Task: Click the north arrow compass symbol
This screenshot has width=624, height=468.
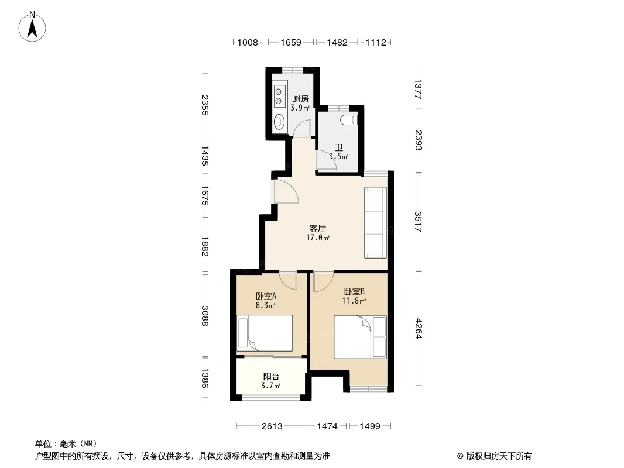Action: point(32,27)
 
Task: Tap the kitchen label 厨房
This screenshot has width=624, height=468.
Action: point(300,99)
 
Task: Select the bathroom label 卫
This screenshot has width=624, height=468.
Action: point(339,147)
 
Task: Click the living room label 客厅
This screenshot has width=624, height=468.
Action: point(318,229)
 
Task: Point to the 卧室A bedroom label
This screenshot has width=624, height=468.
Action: point(266,296)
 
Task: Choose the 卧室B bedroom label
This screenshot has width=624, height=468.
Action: point(354,291)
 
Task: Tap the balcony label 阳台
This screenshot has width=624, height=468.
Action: point(271,377)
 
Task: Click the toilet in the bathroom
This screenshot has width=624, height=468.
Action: point(349,119)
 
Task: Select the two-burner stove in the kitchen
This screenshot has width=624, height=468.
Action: point(279,97)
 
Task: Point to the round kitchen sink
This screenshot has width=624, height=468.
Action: point(279,121)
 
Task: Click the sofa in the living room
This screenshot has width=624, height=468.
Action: point(375,223)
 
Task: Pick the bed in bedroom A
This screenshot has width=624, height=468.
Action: point(265,333)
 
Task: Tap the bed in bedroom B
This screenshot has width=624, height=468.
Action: point(360,337)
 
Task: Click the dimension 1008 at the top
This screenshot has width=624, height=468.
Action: point(248,43)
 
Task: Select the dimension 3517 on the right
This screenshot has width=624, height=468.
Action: point(418,222)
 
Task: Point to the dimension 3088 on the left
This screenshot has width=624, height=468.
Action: point(204,316)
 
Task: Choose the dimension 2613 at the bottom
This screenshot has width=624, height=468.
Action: point(272,426)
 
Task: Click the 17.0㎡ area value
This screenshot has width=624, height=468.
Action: point(318,238)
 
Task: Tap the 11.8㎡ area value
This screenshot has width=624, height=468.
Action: point(354,301)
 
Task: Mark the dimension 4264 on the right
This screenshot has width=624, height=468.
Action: point(418,328)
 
